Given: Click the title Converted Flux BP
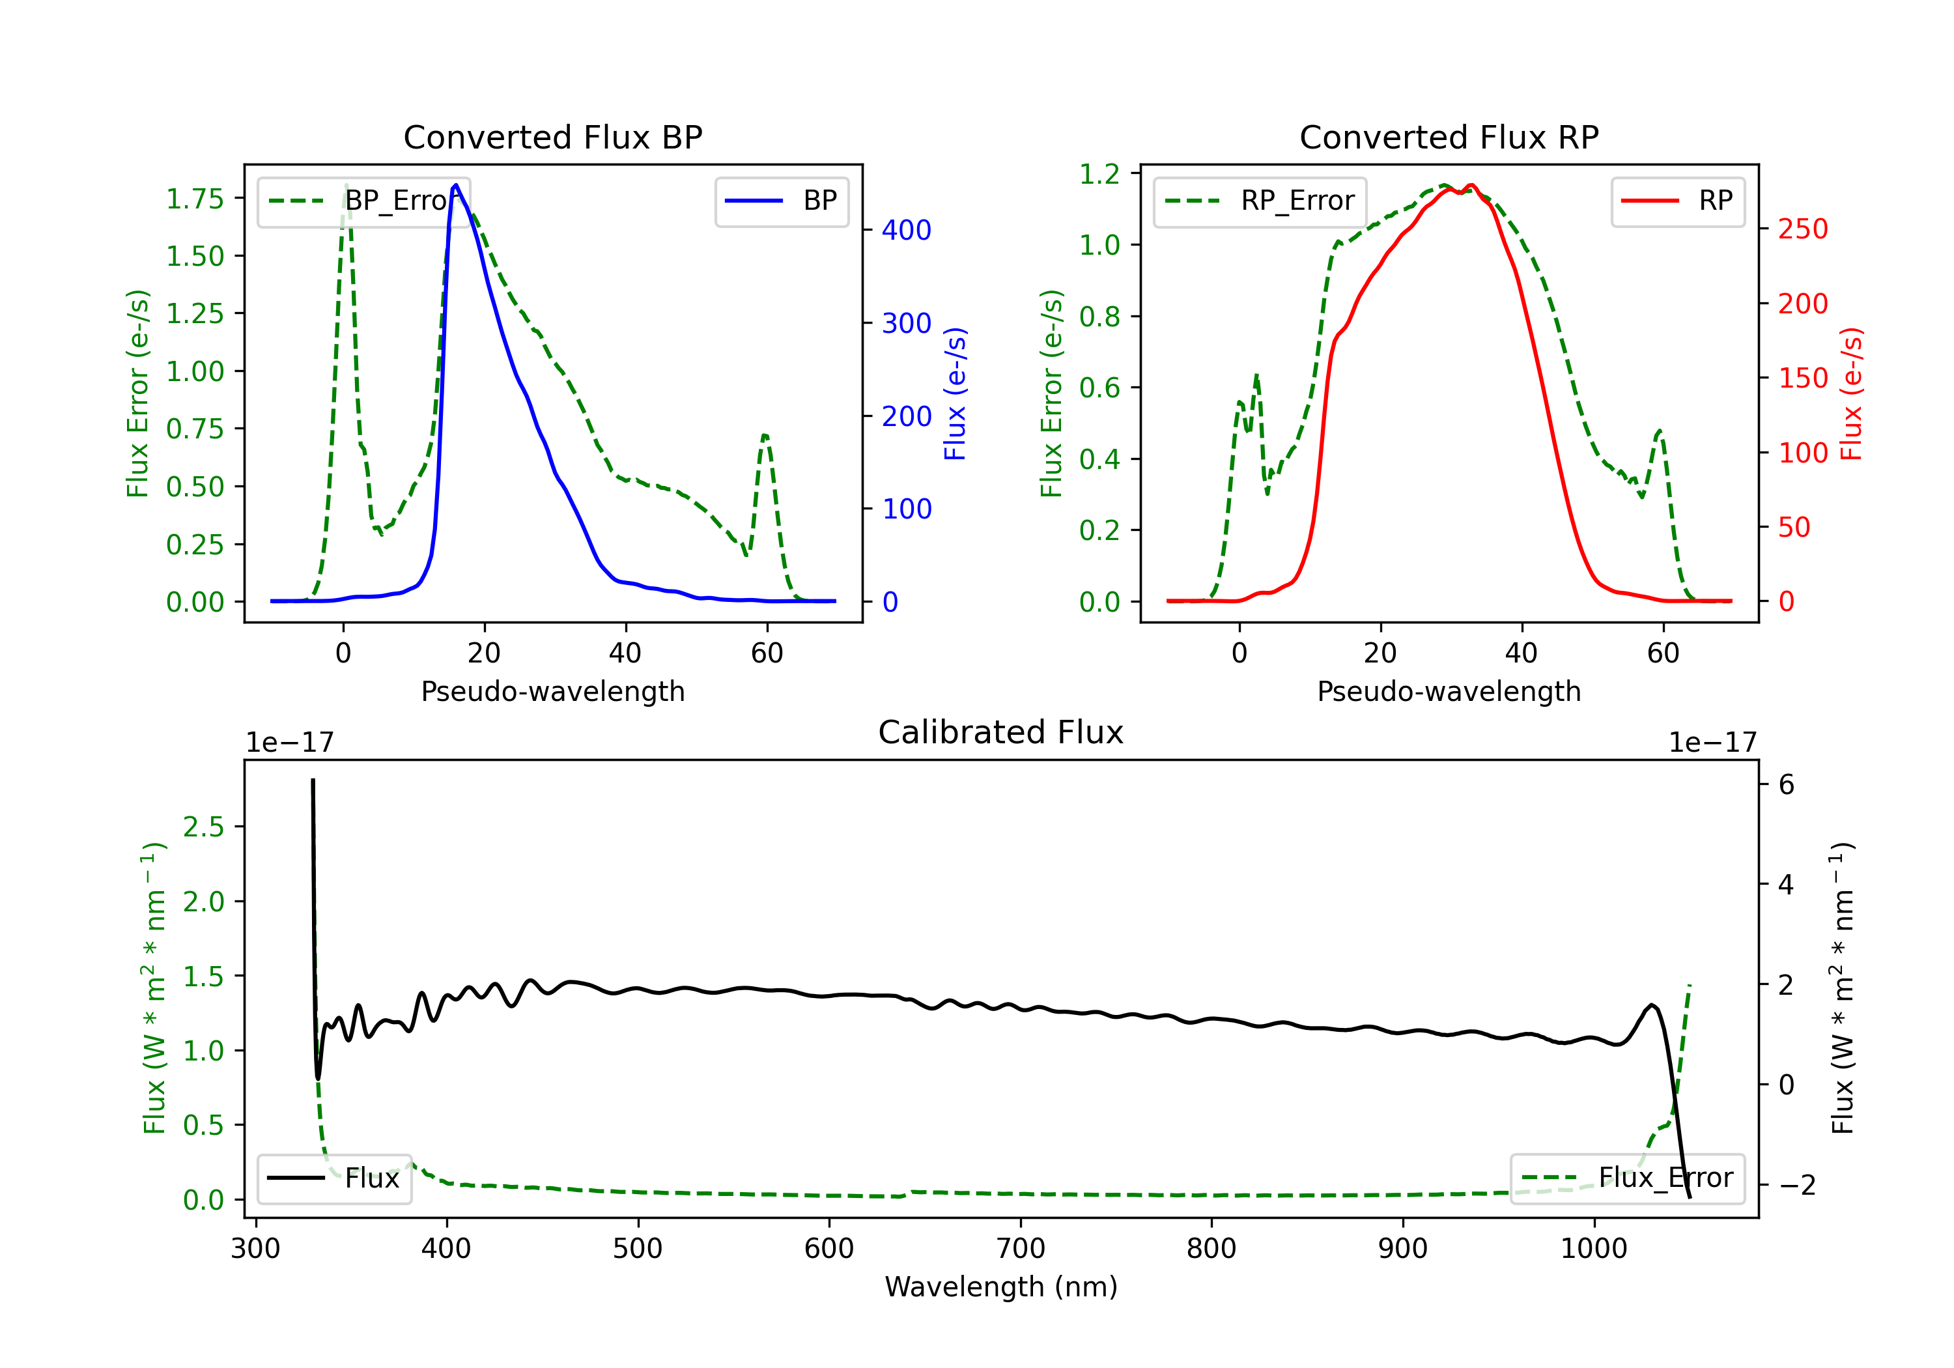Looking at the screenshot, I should tap(552, 137).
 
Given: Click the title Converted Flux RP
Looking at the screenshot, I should tap(1449, 137).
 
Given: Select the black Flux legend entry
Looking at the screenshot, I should tap(335, 1178).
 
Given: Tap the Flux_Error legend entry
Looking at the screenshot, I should tap(1627, 1178).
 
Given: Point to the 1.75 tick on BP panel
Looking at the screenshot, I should tap(195, 199).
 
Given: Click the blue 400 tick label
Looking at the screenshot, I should tap(907, 230).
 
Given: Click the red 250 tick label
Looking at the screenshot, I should tap(1802, 229).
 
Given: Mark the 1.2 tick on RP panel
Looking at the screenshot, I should tap(1099, 175).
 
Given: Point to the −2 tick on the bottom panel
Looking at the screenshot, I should tap(1796, 1185).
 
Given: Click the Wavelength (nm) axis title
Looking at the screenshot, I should tap(1001, 1287).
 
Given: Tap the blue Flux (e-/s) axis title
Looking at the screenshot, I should tap(955, 394).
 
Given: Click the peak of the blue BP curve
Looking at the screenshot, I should tap(456, 185).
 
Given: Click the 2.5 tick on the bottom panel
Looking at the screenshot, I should tap(203, 827).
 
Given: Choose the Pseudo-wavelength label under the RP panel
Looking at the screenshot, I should tap(1449, 691).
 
